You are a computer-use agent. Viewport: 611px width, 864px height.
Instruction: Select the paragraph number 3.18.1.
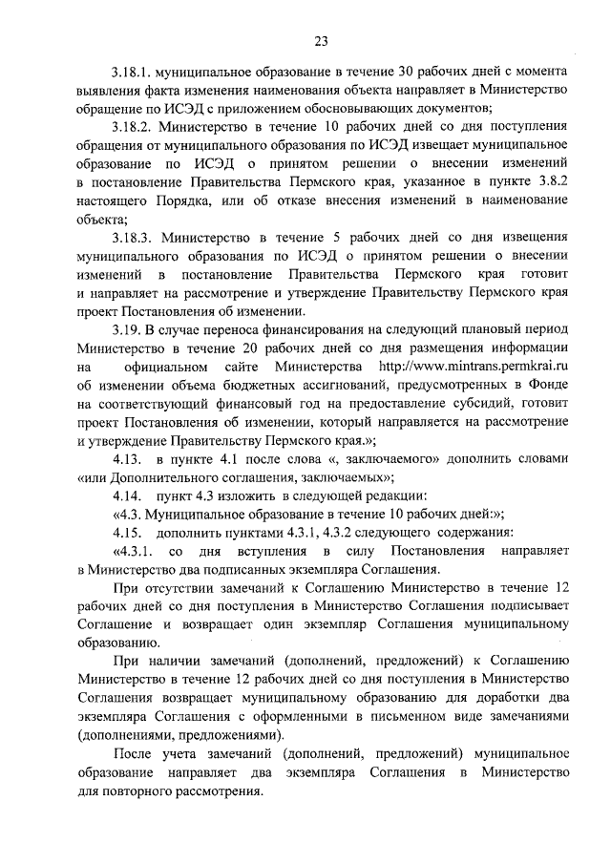tap(131, 72)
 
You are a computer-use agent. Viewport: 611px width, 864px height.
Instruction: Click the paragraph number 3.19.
tap(125, 329)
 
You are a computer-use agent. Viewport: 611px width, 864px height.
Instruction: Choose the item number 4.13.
tap(126, 459)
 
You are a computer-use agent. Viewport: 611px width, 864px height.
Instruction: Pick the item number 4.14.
tap(126, 496)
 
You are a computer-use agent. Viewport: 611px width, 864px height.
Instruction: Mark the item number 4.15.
tap(126, 533)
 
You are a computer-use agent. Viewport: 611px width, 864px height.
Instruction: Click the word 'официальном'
tap(172, 367)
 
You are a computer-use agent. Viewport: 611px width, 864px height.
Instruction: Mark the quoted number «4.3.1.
tap(133, 552)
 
